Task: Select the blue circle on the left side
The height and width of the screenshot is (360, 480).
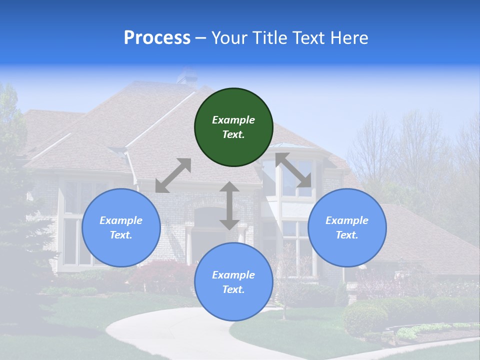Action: [121, 227]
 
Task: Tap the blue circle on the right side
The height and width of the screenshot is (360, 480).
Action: [347, 227]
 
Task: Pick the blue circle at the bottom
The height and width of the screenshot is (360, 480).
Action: [233, 282]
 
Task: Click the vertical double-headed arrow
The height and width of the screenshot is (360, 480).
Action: [229, 205]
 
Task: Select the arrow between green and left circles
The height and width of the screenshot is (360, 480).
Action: [173, 175]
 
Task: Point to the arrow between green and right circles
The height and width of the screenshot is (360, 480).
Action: [293, 170]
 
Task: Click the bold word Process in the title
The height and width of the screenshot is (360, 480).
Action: [157, 38]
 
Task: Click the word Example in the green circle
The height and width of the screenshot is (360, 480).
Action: [233, 120]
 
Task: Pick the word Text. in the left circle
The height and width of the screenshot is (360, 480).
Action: [121, 235]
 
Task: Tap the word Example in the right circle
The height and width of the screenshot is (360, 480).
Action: [347, 220]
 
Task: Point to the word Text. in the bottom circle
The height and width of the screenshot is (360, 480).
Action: [233, 289]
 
